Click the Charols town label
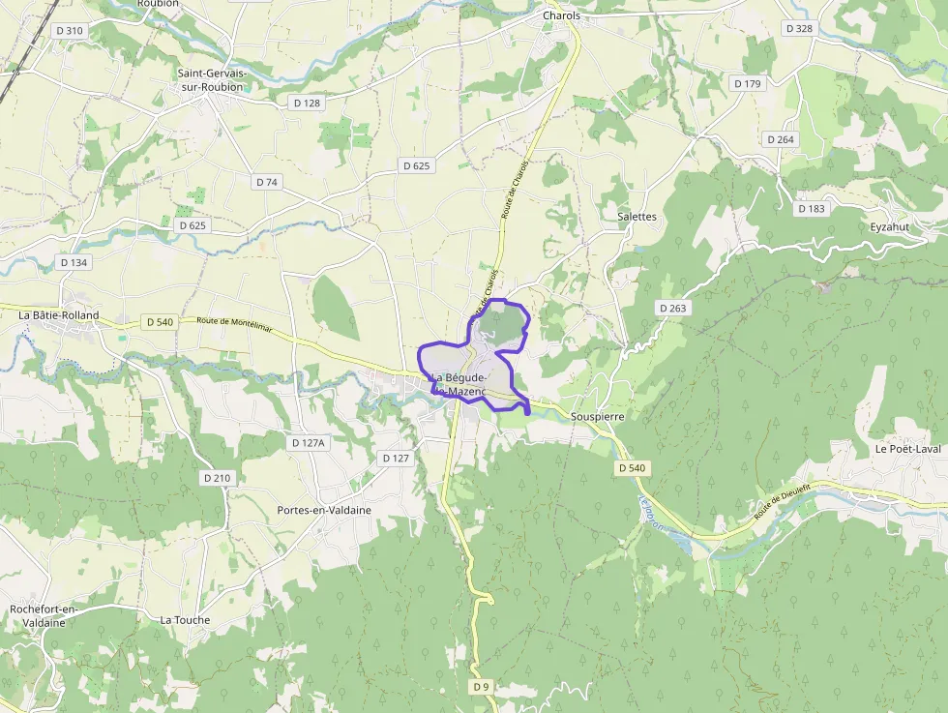point(561,16)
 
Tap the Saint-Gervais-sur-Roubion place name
point(211,80)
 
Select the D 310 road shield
point(70,31)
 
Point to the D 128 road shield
point(306,103)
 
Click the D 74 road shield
point(267,182)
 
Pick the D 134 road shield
point(74,262)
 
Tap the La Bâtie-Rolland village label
point(59,315)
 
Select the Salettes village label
point(637,217)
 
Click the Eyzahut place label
point(890,227)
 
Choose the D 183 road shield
point(812,209)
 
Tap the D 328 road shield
point(799,29)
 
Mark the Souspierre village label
point(597,416)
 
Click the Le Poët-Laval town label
point(908,449)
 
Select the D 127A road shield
point(310,442)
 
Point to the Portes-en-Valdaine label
point(324,510)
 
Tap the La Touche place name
point(185,620)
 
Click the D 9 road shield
point(482,686)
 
